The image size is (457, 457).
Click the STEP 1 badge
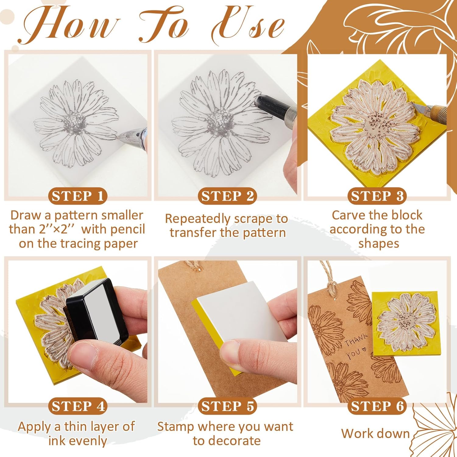pyautogui.click(x=78, y=196)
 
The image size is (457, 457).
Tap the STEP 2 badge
pyautogui.click(x=227, y=196)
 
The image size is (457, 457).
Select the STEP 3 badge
pyautogui.click(x=377, y=196)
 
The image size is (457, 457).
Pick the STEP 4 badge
pyautogui.click(x=78, y=406)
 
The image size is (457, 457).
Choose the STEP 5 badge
pyautogui.click(x=227, y=406)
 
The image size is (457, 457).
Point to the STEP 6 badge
pyautogui.click(x=377, y=406)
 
